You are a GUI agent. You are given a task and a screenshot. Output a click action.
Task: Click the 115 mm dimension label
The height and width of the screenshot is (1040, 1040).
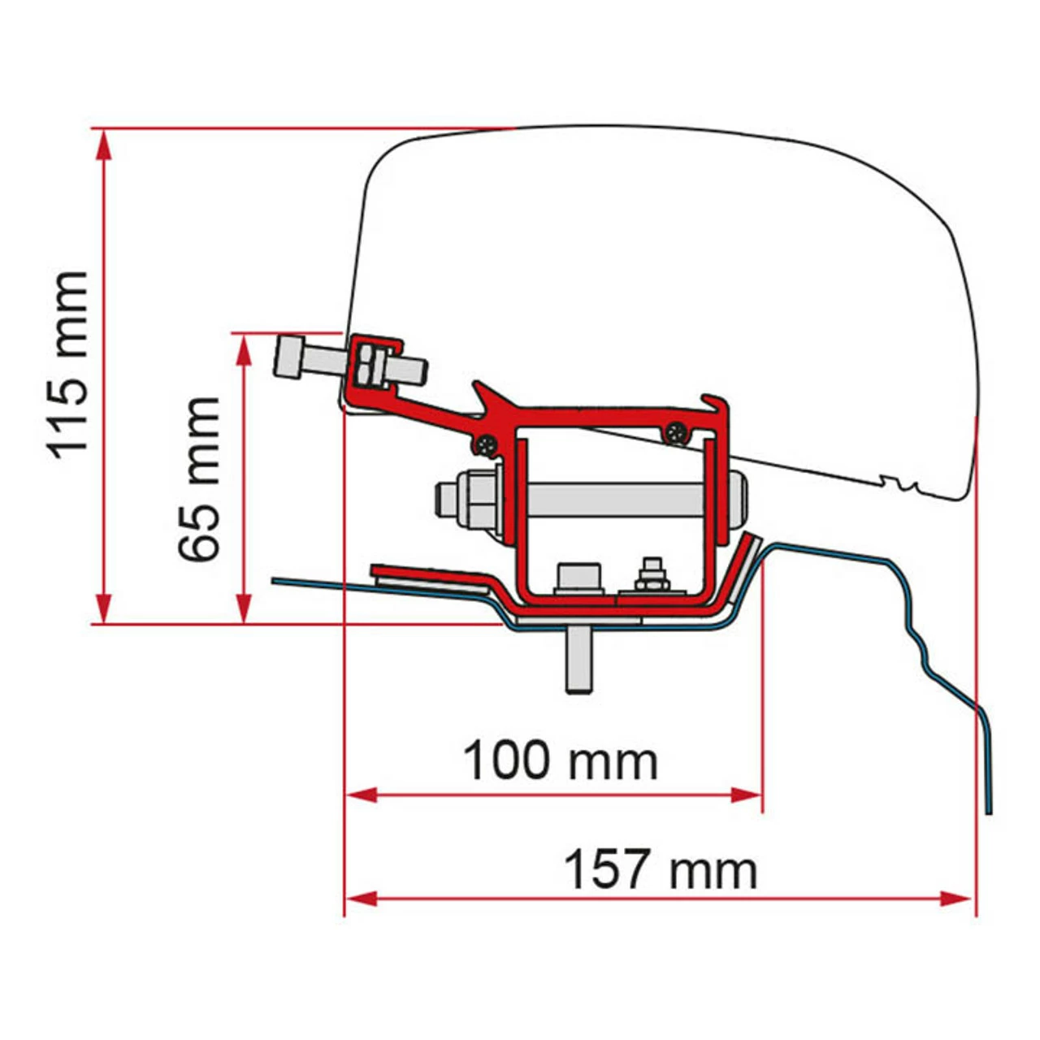click(68, 366)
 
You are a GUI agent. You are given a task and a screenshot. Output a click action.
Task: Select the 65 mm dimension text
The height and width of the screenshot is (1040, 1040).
click(200, 479)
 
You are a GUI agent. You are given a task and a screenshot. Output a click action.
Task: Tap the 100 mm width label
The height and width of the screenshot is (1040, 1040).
click(560, 761)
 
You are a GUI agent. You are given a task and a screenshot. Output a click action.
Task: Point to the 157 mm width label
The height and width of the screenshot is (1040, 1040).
click(660, 869)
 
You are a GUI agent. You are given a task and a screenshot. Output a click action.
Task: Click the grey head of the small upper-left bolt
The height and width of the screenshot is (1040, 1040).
click(289, 357)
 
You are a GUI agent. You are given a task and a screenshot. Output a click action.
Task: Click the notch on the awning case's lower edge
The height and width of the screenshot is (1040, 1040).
click(899, 485)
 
